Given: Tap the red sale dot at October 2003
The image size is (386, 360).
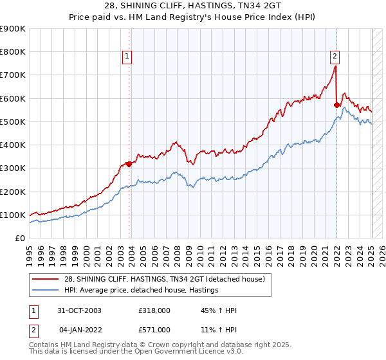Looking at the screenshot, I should (x=129, y=164).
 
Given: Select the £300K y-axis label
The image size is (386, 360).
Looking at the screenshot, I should (x=13, y=168).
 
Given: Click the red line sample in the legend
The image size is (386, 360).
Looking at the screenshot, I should (x=46, y=278).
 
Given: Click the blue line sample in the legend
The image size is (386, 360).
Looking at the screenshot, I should (x=46, y=290).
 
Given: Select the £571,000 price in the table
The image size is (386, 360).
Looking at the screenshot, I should (x=154, y=329).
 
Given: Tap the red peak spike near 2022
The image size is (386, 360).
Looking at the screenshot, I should (x=336, y=66).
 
